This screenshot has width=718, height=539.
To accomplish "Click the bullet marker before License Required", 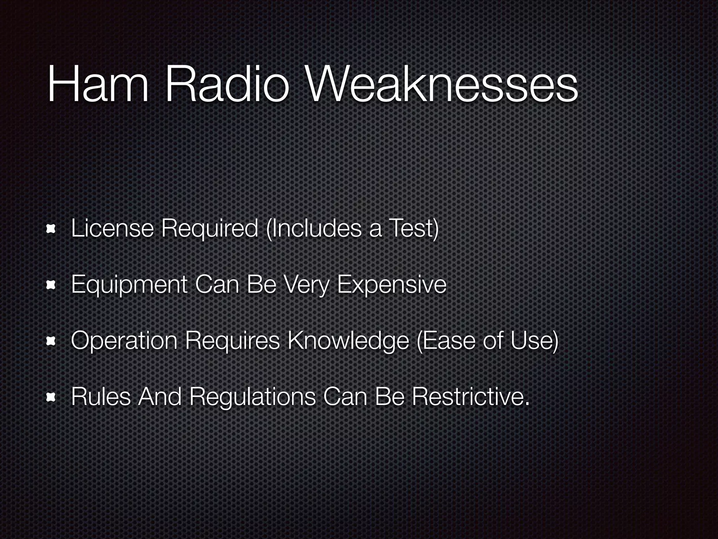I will [x=52, y=229].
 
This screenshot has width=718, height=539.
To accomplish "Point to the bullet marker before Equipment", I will [x=52, y=285].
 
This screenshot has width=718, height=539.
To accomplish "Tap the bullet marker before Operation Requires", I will [x=52, y=341].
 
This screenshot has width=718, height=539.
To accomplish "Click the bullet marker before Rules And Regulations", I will [x=52, y=398].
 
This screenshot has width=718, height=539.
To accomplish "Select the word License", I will [x=112, y=228].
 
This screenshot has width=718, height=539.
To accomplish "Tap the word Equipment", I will [x=129, y=285].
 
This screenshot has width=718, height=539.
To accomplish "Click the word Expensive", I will [x=392, y=285].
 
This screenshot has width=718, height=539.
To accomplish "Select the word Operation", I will [x=124, y=341].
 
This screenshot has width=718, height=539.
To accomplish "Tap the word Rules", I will [x=101, y=397].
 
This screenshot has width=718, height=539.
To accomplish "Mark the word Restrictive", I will [x=470, y=397].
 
